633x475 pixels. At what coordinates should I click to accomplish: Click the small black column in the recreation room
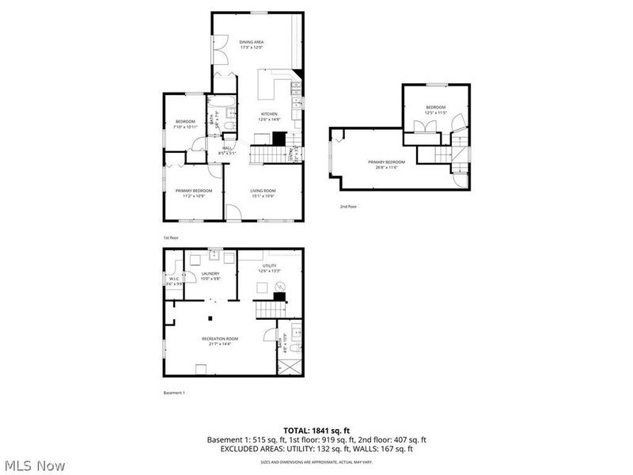point(210,318)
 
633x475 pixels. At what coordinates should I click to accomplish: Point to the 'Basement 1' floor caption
point(173,393)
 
